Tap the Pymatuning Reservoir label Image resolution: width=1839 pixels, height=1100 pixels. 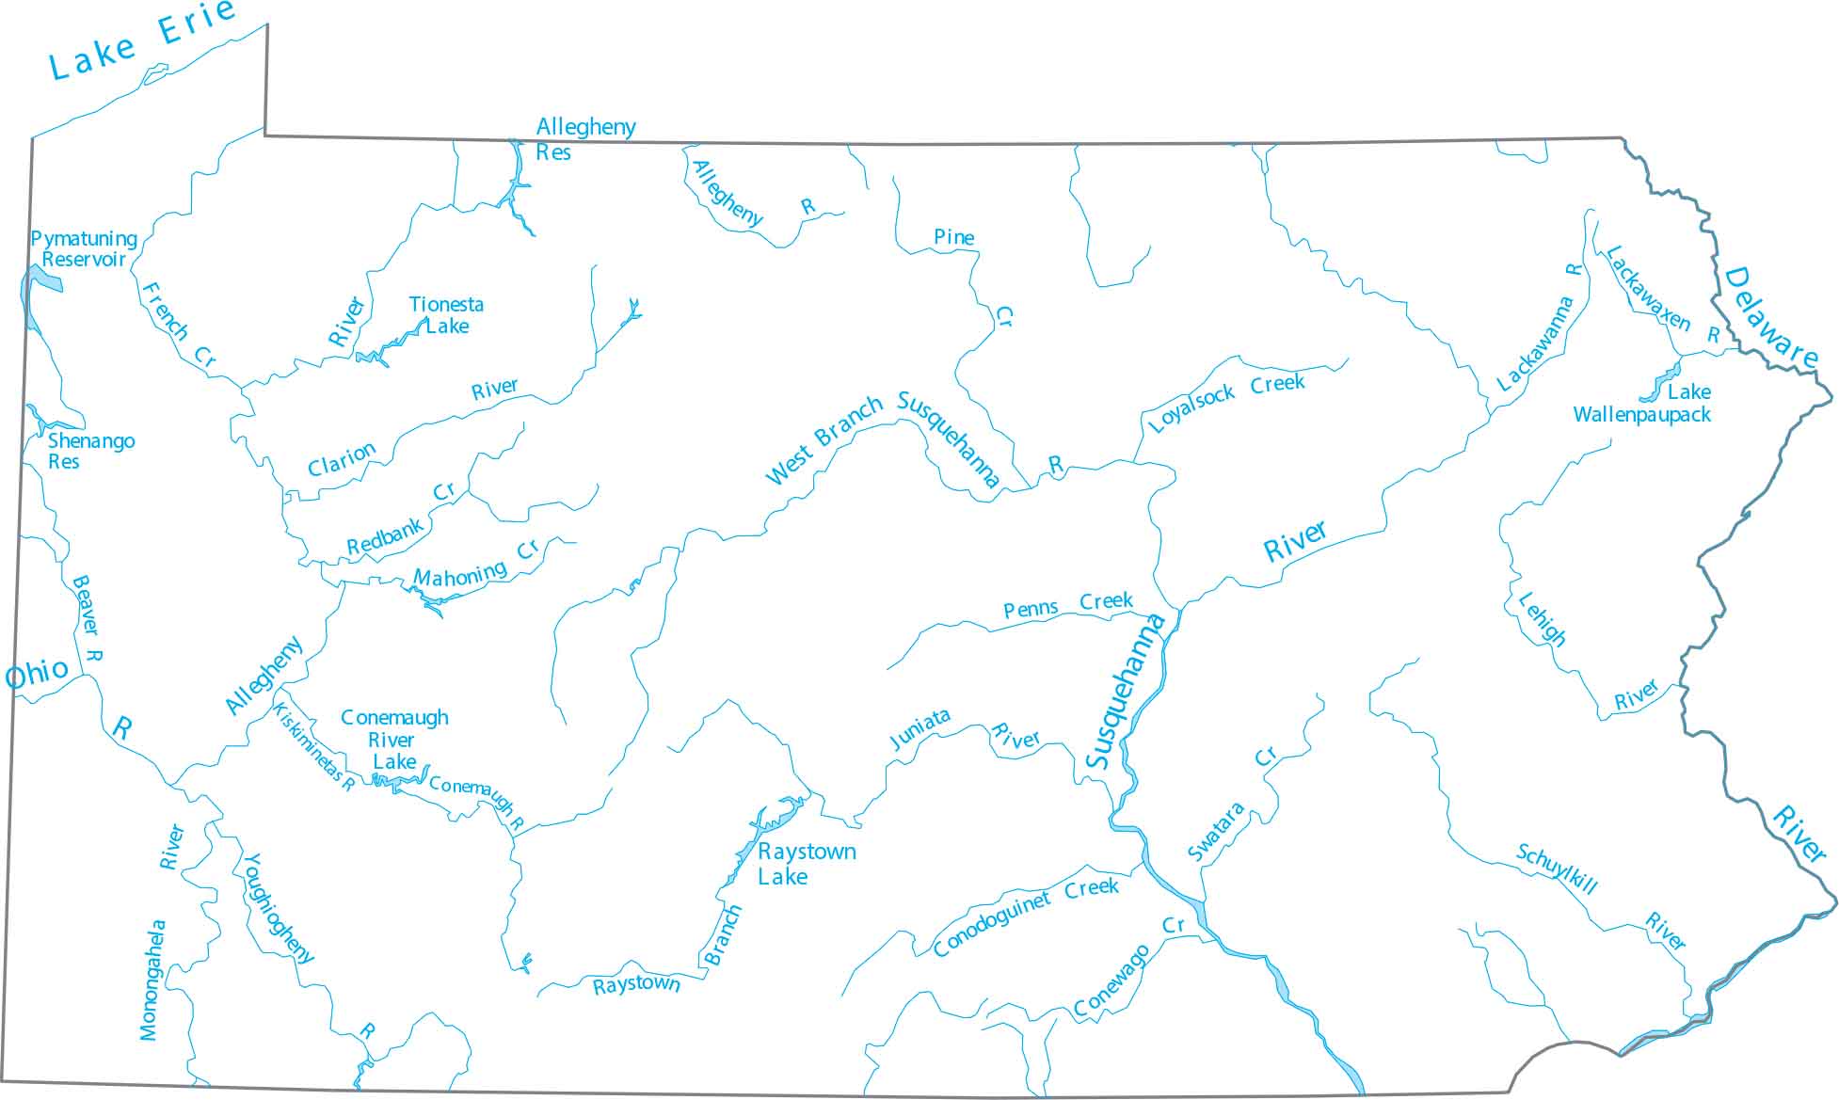pos(84,249)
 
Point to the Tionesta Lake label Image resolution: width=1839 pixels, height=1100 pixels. pos(446,315)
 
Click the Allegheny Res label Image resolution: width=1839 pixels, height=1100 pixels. pos(585,139)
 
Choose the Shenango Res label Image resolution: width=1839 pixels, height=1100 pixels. pos(90,451)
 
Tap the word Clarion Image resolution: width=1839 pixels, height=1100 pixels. pos(342,459)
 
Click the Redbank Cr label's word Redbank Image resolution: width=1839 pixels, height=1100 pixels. pos(385,537)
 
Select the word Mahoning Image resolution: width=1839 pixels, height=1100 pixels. pos(460,575)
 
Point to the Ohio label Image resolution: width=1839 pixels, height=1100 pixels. pos(37,674)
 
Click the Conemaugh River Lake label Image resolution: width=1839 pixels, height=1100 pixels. pos(394,740)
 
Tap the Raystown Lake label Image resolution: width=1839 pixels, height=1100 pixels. pos(807,864)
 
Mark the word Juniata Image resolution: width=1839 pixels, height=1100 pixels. pos(919,729)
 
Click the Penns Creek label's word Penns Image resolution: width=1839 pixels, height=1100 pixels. pos(1031,610)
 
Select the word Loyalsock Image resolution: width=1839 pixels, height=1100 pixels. pos(1191,409)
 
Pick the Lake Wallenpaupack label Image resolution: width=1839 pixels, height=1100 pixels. pos(1642,404)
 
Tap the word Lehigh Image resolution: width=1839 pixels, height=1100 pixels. pos(1543,619)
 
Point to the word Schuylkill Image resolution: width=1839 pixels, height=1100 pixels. pos(1557,869)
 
